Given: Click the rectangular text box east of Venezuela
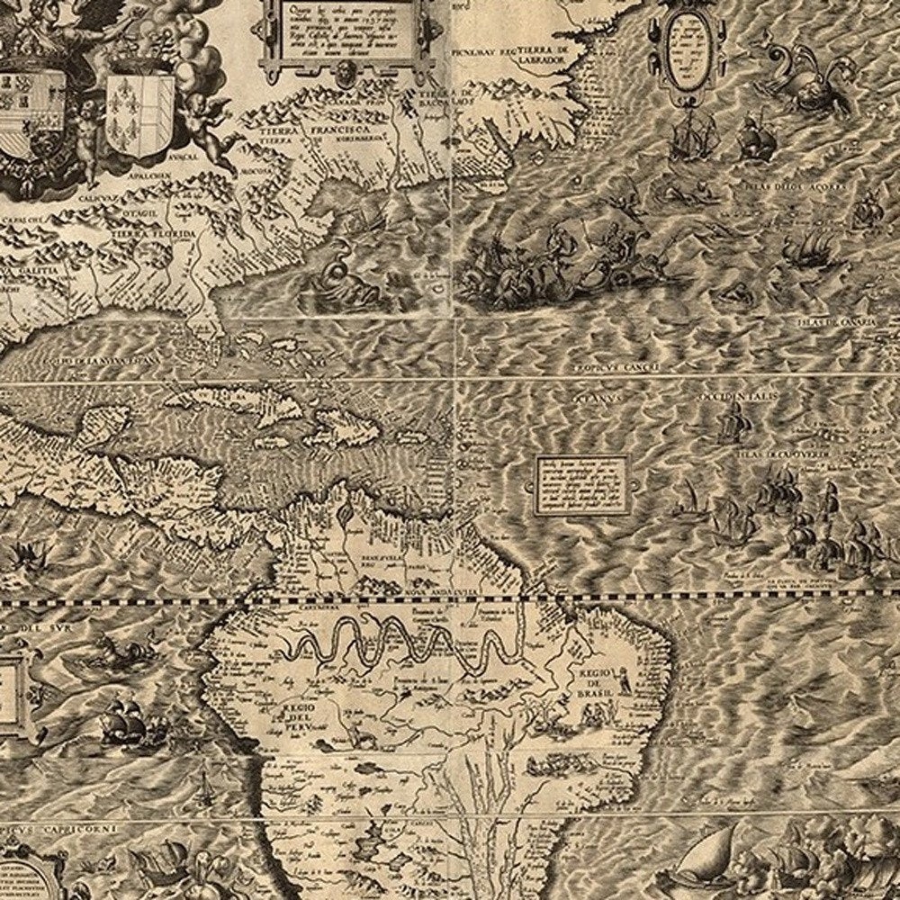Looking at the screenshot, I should pos(581,485).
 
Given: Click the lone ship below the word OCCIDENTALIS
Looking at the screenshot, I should pos(733,423).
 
